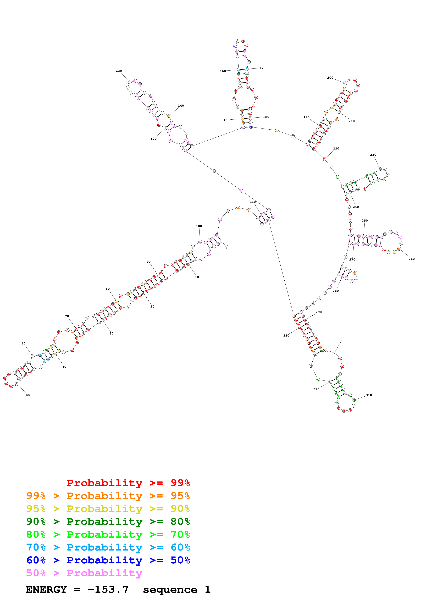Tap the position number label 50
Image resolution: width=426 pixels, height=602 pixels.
pyautogui.click(x=28, y=395)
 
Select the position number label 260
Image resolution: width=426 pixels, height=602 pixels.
pyautogui.click(x=412, y=259)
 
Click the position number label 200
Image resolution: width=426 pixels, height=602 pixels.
pyautogui.click(x=330, y=78)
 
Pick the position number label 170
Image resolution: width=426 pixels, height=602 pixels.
pyautogui.click(x=262, y=68)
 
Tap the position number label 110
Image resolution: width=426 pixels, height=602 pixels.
pyautogui.click(x=253, y=202)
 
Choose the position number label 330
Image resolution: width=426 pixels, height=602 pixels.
pyautogui.click(x=286, y=336)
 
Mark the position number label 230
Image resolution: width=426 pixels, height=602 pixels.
pyautogui.click(x=373, y=155)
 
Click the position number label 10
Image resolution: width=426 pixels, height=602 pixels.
pyautogui.click(x=197, y=277)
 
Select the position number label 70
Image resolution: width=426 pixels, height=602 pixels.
pyautogui.click(x=67, y=316)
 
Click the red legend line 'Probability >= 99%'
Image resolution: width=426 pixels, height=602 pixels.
pyautogui.click(x=128, y=483)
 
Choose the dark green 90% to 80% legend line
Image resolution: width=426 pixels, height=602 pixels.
pyautogui.click(x=108, y=522)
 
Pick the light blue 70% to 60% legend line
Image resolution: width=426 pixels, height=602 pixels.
pyautogui.click(x=108, y=547)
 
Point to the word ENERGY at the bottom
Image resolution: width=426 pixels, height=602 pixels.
pyautogui.click(x=46, y=589)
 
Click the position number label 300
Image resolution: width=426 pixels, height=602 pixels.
pyautogui.click(x=342, y=339)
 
